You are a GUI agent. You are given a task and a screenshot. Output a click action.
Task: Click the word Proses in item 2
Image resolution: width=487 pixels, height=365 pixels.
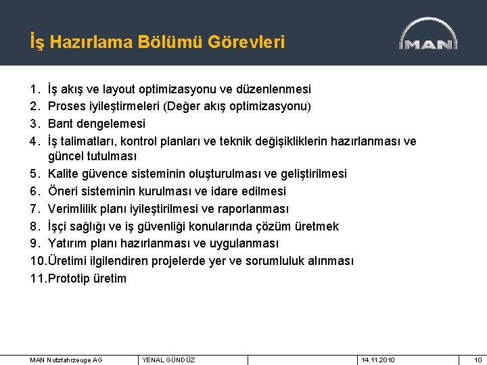(67, 107)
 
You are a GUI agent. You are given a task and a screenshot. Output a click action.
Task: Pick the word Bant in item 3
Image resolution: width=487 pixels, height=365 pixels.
(62, 124)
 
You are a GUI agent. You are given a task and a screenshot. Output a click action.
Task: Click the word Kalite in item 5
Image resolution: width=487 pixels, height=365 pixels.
(66, 174)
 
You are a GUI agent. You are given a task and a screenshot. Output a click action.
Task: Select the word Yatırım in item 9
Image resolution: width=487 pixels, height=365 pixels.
(69, 243)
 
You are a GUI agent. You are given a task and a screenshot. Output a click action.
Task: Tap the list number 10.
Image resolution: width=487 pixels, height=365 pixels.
(38, 261)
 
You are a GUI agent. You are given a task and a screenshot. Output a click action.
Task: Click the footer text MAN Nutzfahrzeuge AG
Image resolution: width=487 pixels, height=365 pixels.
(66, 360)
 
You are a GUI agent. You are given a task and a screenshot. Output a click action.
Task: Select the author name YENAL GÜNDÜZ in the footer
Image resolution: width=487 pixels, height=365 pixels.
(168, 360)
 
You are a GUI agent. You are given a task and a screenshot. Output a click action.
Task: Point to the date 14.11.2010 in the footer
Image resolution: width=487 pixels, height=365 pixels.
(379, 360)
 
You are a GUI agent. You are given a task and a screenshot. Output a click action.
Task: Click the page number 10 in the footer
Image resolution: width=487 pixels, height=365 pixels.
(478, 360)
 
